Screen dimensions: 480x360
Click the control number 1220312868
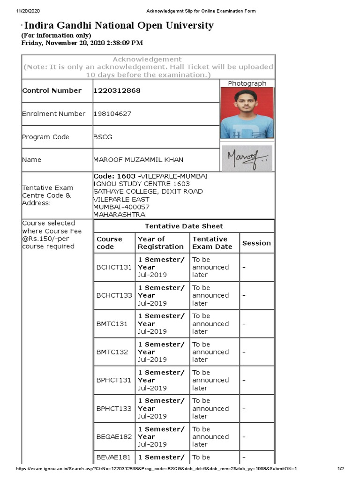pos(117,90)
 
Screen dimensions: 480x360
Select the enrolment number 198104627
pos(112,113)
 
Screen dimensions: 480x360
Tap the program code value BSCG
pos(103,137)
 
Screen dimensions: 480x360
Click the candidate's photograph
pos(247,113)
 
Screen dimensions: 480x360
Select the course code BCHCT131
pos(114,267)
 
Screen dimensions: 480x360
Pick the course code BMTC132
pos(112,352)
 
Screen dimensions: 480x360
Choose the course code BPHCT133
pos(114,408)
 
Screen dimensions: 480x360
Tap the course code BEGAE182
pos(114,436)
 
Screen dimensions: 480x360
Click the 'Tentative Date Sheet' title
pos(184,226)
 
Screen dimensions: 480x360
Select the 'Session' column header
pos(256,243)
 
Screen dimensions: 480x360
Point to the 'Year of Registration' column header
pos(160,243)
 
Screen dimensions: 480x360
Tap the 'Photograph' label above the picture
pos(247,83)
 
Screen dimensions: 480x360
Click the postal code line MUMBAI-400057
pos(121,207)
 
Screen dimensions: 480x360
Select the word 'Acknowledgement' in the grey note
pos(147,60)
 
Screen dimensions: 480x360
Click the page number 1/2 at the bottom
pos(341,469)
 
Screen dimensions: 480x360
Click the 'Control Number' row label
pos(52,90)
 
